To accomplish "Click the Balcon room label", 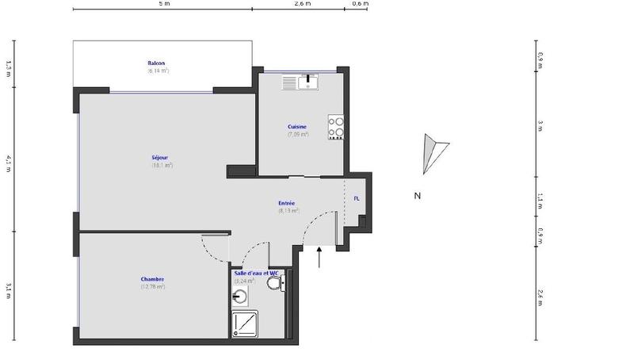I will pyautogui.click(x=156, y=63).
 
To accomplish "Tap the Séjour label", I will pyautogui.click(x=161, y=158).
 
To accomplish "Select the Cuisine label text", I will pyautogui.click(x=297, y=127).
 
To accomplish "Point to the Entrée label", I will pyautogui.click(x=287, y=204).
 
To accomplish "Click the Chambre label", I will pyautogui.click(x=152, y=279).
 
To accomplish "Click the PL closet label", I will pyautogui.click(x=356, y=198).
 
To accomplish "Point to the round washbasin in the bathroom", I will pyautogui.click(x=242, y=297).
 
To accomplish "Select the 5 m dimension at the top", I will pyautogui.click(x=162, y=4).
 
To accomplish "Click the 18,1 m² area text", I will pyautogui.click(x=162, y=166).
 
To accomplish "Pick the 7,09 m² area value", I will pyautogui.click(x=297, y=134).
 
